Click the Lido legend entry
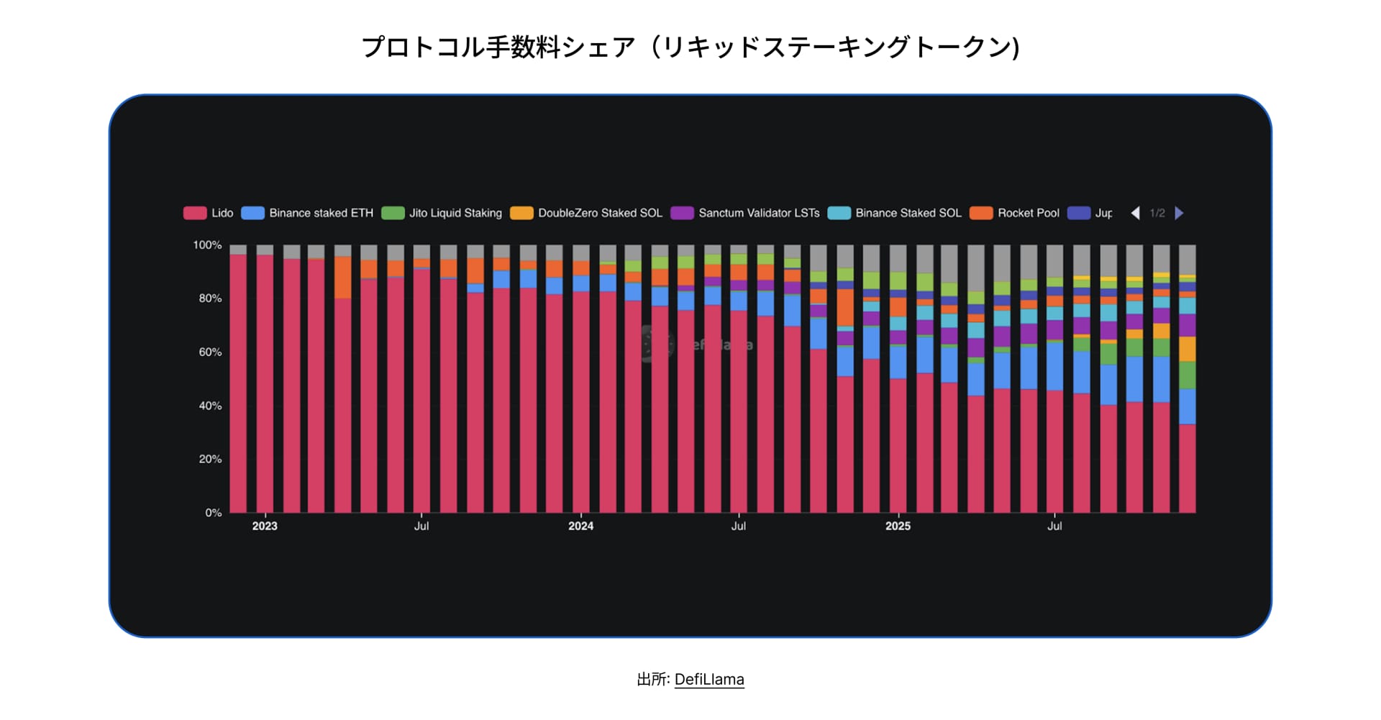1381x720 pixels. click(209, 213)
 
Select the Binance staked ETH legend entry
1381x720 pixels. click(308, 213)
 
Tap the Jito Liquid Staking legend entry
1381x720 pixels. click(442, 213)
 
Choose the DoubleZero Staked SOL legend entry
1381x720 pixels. click(586, 213)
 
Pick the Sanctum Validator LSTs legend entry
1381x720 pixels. click(745, 213)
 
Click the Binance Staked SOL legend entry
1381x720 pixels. click(895, 213)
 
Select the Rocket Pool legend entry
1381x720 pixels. click(1015, 213)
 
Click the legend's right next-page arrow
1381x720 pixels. click(1179, 213)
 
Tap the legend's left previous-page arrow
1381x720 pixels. click(1135, 213)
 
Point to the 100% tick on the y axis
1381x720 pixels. click(207, 245)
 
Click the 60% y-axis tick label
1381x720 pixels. click(210, 352)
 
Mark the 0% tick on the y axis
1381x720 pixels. click(213, 513)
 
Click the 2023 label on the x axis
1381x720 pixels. click(265, 526)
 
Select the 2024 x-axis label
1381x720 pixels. click(580, 526)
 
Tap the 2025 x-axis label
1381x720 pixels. click(898, 526)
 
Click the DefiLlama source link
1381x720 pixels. click(709, 679)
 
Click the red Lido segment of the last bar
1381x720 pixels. click(1188, 468)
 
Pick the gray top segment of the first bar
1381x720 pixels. click(238, 250)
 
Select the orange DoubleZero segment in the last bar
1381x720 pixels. click(1188, 349)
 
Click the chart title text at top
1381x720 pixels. click(690, 47)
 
